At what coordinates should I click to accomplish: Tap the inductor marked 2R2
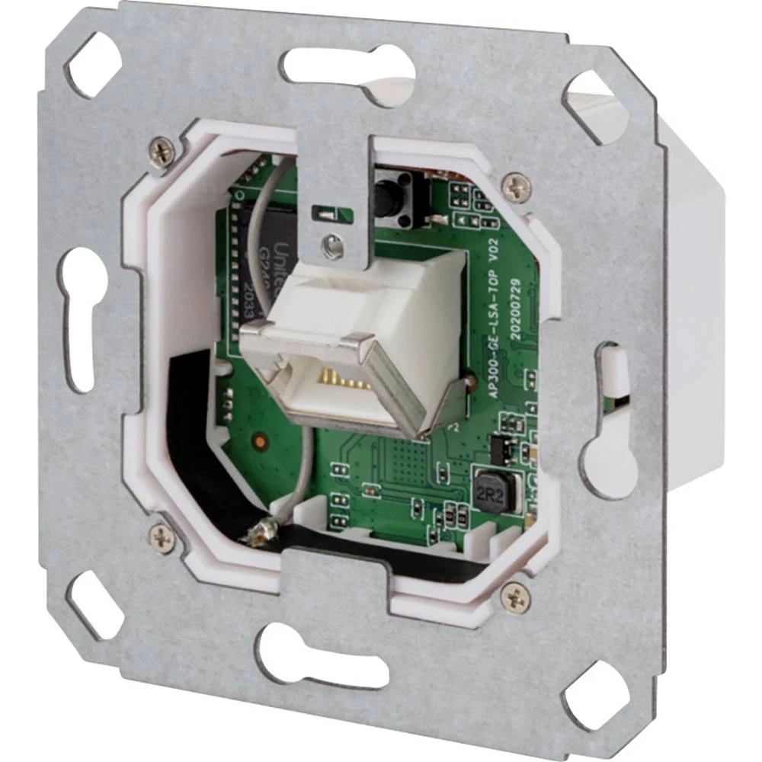point(494,488)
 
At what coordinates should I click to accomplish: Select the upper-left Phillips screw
point(162,152)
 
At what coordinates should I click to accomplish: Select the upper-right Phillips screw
point(517,185)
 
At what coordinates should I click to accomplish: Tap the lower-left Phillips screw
point(162,538)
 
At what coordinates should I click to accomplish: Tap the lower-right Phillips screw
point(515,597)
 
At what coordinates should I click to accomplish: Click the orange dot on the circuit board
point(261,440)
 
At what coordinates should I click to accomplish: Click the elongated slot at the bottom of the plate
point(320,656)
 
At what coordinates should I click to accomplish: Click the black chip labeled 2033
point(255,259)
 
